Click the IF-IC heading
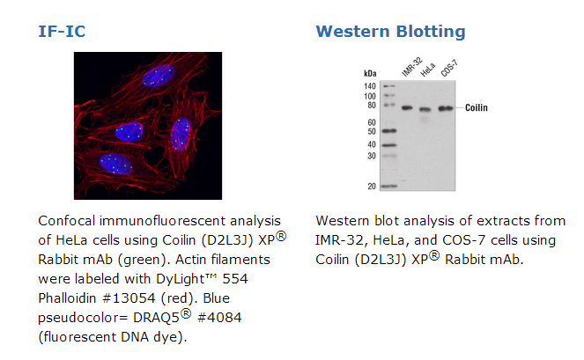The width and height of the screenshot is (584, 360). coord(62,32)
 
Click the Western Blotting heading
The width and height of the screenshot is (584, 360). coord(390,32)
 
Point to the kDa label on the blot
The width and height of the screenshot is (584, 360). coord(370,73)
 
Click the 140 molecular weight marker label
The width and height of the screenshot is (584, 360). coord(370,86)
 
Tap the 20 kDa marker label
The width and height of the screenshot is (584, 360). coord(372,186)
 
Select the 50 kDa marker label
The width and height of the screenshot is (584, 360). coord(372,131)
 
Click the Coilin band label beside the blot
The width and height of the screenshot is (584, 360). coord(477,107)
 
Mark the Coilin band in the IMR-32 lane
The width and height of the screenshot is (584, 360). coord(407,108)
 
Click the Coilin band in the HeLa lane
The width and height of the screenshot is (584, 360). coord(425,109)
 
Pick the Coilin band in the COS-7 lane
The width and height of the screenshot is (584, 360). coord(446,108)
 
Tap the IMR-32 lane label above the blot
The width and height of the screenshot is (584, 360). coord(412,67)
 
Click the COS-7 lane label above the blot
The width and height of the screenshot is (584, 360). coord(449,68)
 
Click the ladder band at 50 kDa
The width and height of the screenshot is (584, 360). coord(389,130)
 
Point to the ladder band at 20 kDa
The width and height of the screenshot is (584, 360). coord(389,186)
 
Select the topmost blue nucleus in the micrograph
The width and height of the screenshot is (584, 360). coord(158,75)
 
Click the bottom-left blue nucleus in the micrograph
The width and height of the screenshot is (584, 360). coord(115,164)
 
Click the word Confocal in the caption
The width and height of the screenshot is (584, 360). coord(67,221)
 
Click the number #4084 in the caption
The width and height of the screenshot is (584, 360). coord(219,318)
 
